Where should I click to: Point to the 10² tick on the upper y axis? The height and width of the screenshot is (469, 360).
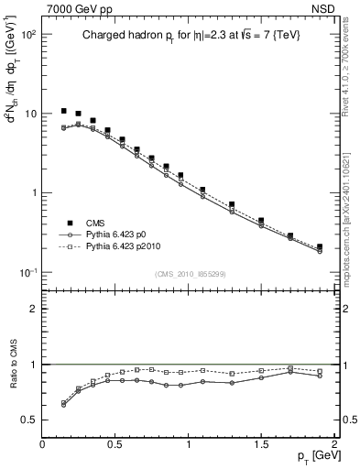27,34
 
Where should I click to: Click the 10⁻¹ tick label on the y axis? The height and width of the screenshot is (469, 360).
27,272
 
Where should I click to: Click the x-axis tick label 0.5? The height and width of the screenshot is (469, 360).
115,444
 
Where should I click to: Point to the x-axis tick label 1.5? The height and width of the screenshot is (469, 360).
261,444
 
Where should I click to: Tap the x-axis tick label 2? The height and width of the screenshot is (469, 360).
334,444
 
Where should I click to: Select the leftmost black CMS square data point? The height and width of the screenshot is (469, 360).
64,111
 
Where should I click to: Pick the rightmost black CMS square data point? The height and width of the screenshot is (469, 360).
320,246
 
